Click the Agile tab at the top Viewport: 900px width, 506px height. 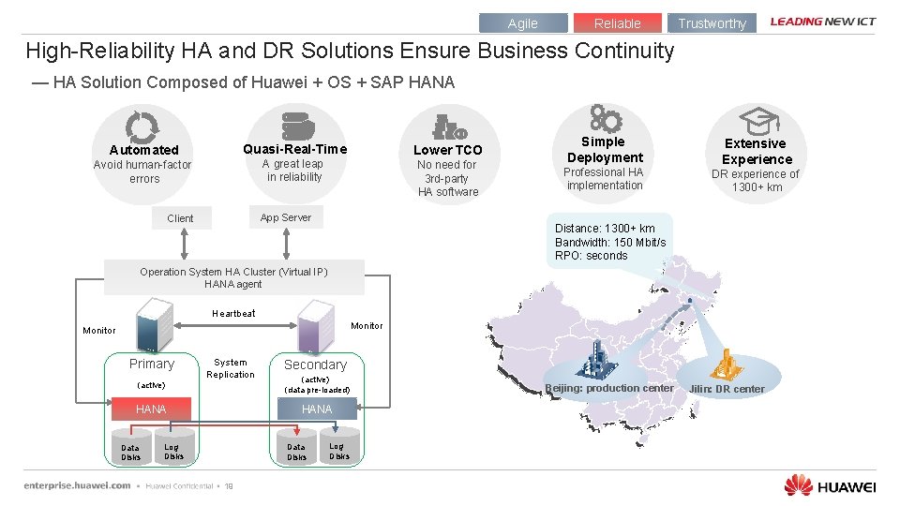(x=523, y=23)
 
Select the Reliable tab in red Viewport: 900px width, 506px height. (x=617, y=23)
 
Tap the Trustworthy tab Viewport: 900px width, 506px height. (x=712, y=23)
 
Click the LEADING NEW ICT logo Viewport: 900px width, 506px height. (x=822, y=22)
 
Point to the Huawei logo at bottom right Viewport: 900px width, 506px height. (x=830, y=484)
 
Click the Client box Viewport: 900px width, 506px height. (x=180, y=218)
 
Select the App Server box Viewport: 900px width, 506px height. (x=285, y=217)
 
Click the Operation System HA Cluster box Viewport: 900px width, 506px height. (x=233, y=277)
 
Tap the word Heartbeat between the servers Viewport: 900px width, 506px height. (x=233, y=314)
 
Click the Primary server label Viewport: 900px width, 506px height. (x=152, y=365)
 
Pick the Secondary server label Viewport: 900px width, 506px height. (x=315, y=365)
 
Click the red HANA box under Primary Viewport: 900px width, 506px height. (x=151, y=409)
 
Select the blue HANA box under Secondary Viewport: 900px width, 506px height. (x=317, y=409)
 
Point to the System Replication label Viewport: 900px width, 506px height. (x=231, y=368)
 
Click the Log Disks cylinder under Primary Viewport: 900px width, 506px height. (x=173, y=448)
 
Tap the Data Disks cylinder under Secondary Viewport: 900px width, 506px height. (x=296, y=449)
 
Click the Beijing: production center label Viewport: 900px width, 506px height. (x=609, y=388)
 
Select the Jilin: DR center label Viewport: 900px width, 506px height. (x=727, y=389)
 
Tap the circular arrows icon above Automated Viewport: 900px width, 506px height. (x=142, y=126)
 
